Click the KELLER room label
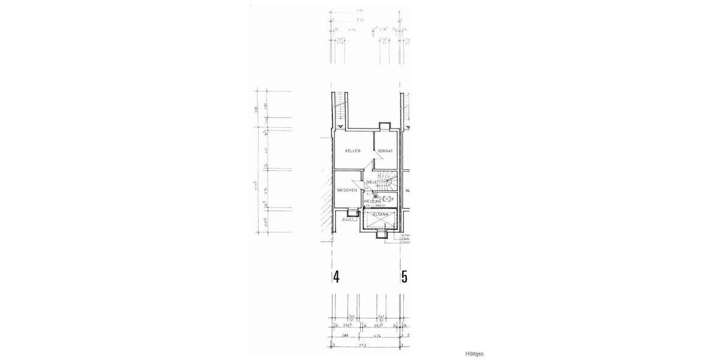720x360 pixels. tap(353, 151)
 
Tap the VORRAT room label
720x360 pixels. tap(385, 151)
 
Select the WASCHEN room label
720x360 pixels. tap(347, 190)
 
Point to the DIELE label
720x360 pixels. tap(371, 182)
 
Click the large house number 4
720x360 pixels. tap(337, 277)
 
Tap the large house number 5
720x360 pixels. tap(404, 277)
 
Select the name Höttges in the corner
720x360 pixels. tap(474, 354)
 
